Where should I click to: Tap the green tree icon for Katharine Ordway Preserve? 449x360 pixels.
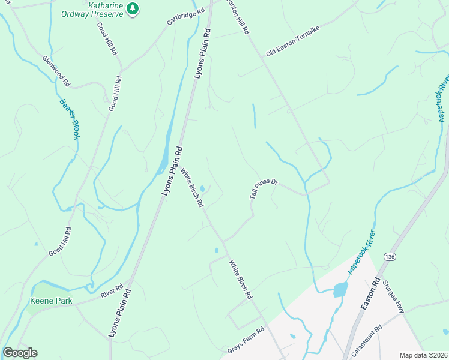[133, 9]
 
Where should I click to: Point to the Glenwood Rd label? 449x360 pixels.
[56, 70]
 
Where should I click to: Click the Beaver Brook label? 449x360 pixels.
[69, 119]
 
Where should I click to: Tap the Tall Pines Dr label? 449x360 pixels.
[264, 189]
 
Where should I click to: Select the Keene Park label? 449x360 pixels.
[49, 300]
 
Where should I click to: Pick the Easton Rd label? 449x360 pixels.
[370, 293]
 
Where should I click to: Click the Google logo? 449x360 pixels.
[20, 353]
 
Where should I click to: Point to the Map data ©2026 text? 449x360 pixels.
[423, 355]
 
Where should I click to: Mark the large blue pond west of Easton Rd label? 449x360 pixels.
[340, 289]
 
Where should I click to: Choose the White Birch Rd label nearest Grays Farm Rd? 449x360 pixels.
[240, 280]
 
